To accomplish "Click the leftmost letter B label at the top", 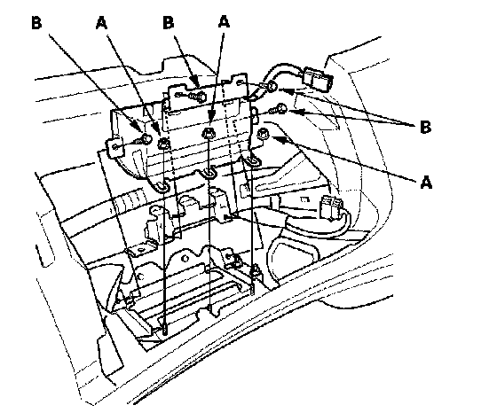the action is (x=36, y=23).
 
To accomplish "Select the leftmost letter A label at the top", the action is (x=101, y=23).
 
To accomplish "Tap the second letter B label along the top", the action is (x=169, y=23).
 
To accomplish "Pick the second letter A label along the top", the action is (x=224, y=22).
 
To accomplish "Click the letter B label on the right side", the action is (x=425, y=128).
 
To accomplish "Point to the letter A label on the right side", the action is (x=426, y=183).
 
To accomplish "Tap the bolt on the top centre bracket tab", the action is (x=197, y=96).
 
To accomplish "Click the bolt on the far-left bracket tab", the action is (x=143, y=139).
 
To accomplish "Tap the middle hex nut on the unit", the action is (x=208, y=133).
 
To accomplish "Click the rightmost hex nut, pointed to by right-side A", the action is (x=263, y=133).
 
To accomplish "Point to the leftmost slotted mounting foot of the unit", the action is (x=162, y=187).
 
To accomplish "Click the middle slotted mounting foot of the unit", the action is (x=209, y=172).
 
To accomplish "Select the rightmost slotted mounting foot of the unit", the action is (x=253, y=161).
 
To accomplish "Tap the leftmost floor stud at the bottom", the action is (x=165, y=329).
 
